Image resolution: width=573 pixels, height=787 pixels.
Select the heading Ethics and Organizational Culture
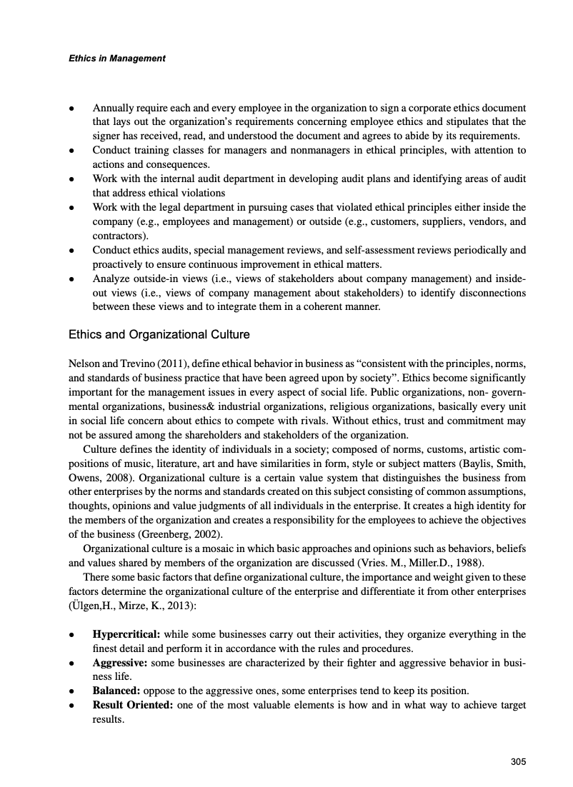point(158,334)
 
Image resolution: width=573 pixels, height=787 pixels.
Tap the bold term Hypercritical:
point(127,634)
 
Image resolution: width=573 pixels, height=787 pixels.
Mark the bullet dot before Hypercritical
point(72,635)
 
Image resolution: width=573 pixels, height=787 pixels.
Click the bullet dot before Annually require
point(72,109)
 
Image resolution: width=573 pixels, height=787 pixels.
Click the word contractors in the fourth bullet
point(119,236)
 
